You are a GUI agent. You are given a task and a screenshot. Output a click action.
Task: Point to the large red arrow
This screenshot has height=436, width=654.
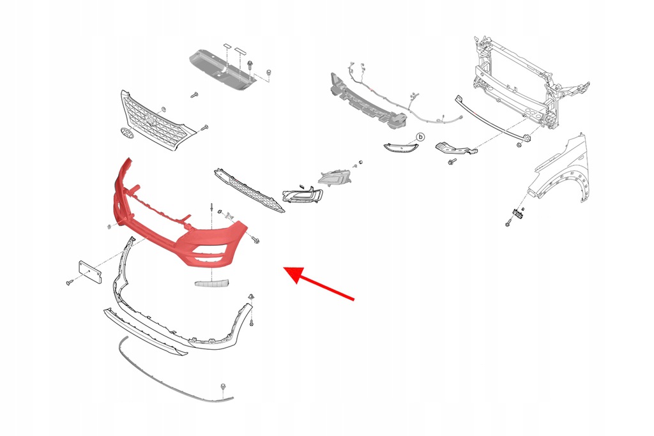click(319, 283)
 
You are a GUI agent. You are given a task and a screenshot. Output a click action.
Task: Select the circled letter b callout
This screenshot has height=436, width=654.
click(420, 137)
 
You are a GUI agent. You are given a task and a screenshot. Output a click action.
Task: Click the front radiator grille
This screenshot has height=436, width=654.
click(156, 121)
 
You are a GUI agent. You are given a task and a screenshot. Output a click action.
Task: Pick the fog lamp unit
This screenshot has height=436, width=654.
click(335, 177)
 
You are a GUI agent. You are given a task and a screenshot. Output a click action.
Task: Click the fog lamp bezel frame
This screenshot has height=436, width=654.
click(302, 194)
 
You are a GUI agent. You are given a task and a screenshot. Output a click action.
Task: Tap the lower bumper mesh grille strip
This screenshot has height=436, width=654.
click(250, 190)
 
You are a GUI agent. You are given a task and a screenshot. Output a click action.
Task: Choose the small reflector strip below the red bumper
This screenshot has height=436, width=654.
click(211, 283)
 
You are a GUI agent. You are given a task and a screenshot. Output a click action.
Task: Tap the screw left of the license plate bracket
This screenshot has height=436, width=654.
click(70, 283)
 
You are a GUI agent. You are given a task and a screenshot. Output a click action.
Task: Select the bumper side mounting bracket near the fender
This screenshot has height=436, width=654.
click(455, 149)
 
